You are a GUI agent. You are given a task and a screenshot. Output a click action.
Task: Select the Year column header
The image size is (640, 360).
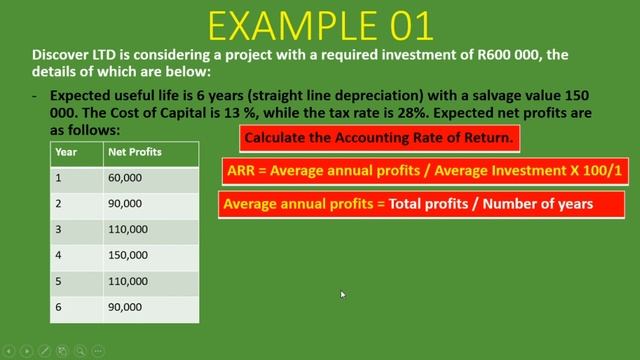click(x=66, y=153)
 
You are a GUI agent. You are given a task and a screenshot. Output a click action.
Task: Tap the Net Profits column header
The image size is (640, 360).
click(x=134, y=153)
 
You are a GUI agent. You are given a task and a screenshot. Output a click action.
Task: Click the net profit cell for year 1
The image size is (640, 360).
click(x=123, y=180)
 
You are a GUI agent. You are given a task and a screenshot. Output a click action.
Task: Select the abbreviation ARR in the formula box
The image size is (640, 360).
click(x=241, y=171)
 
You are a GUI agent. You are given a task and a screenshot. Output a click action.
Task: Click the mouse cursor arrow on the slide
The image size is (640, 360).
click(x=342, y=295)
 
